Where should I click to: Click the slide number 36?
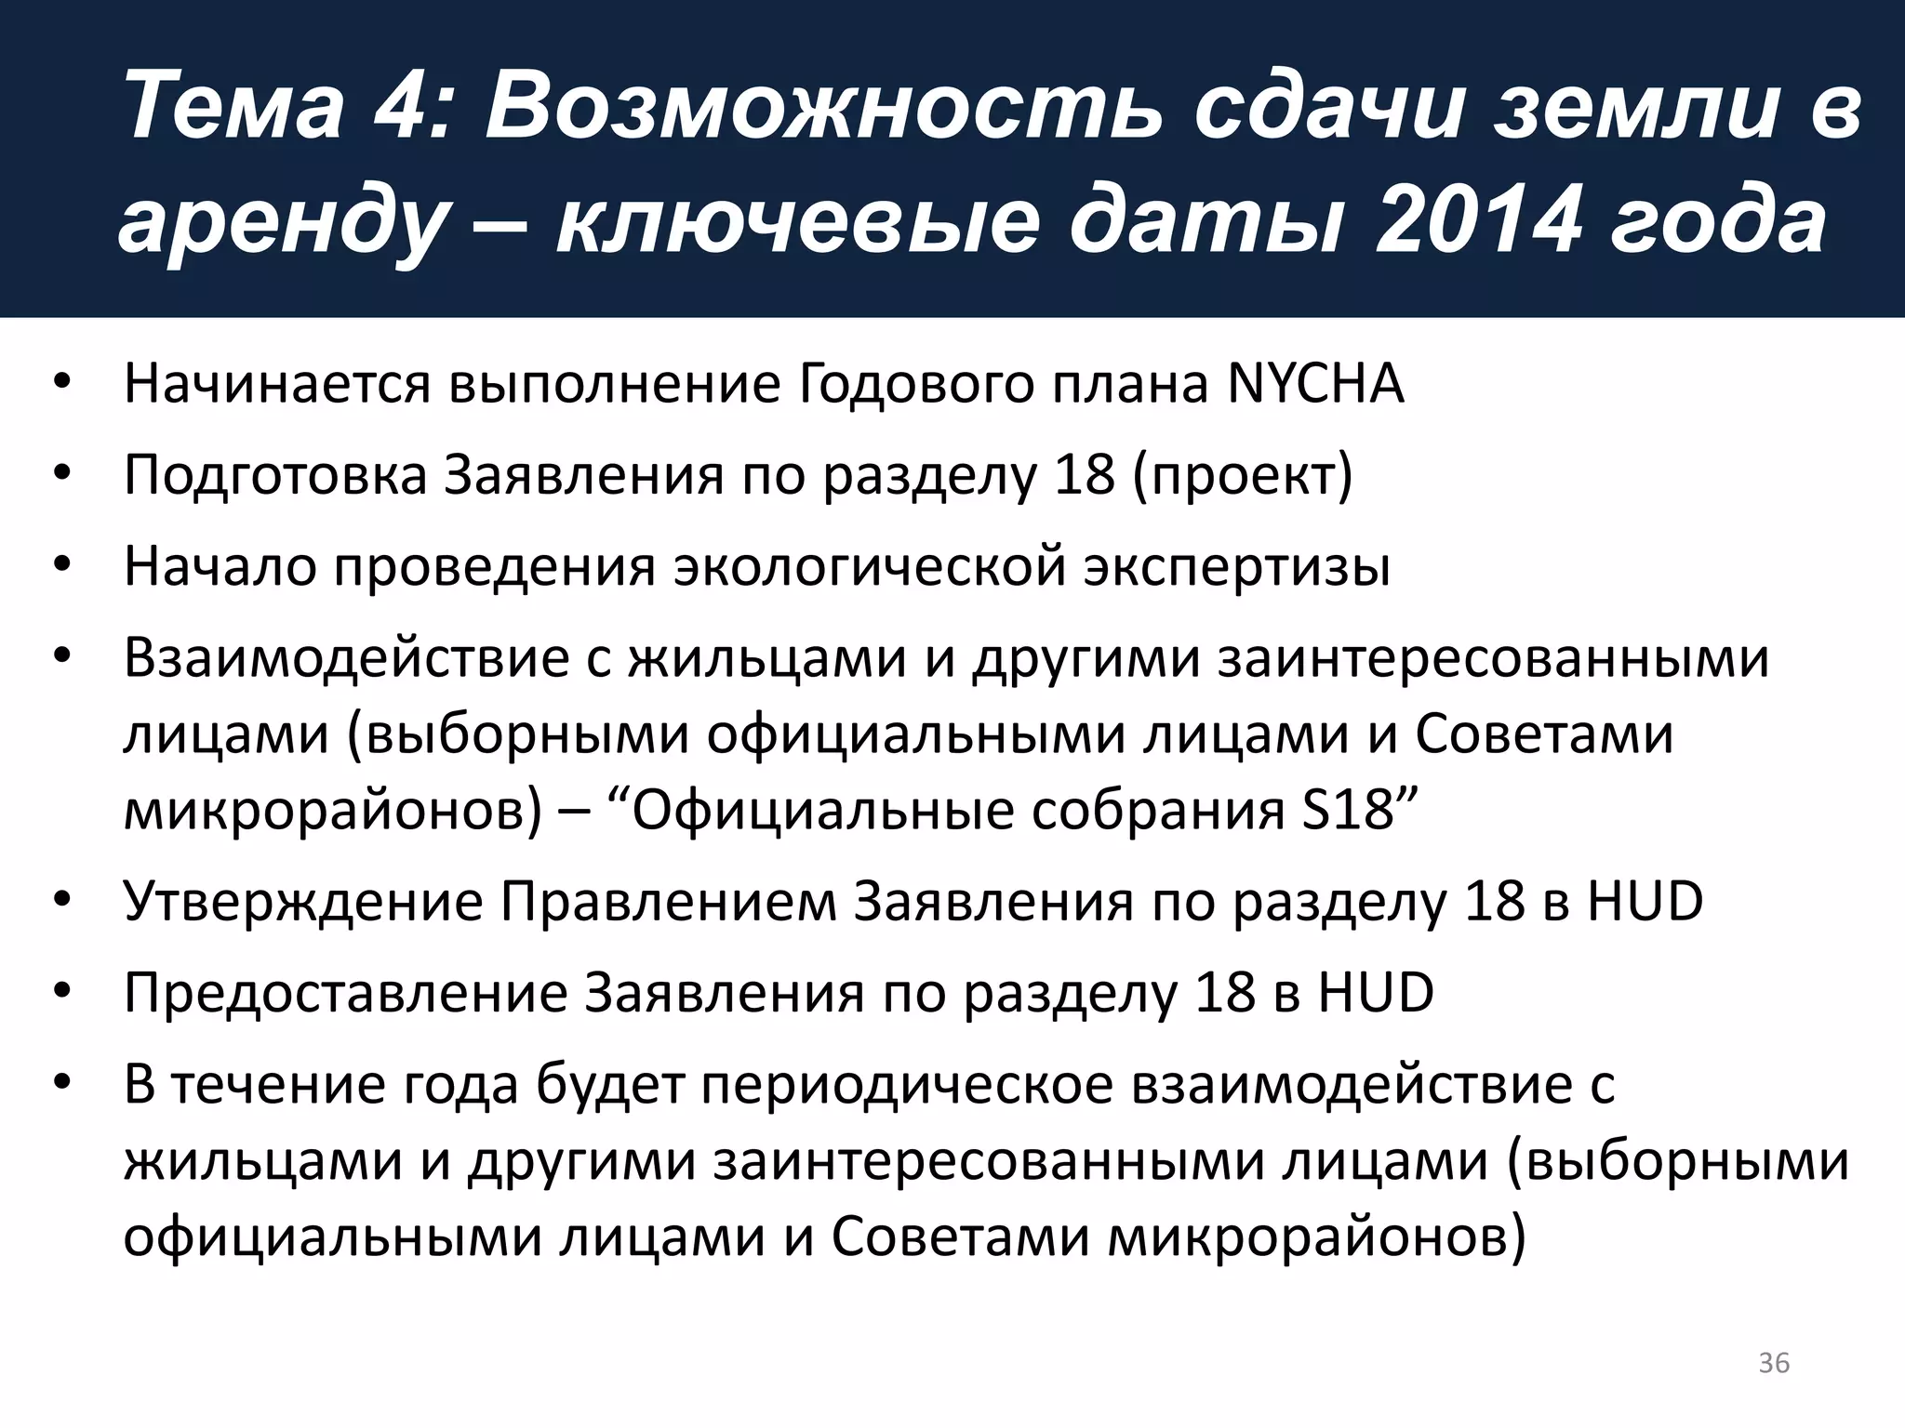[1774, 1362]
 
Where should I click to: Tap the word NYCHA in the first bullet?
[1314, 383]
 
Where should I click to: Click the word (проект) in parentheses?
[1243, 475]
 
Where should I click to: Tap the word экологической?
[870, 566]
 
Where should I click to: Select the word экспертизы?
[1236, 566]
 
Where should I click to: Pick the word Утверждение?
[303, 901]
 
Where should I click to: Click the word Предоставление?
[345, 992]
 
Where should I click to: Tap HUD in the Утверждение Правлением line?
[1645, 901]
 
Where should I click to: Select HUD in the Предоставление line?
[1376, 992]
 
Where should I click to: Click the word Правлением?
[669, 901]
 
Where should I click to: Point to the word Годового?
[915, 383]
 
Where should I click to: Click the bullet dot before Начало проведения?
[62, 566]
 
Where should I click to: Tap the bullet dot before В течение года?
[62, 1084]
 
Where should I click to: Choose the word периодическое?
[907, 1084]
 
